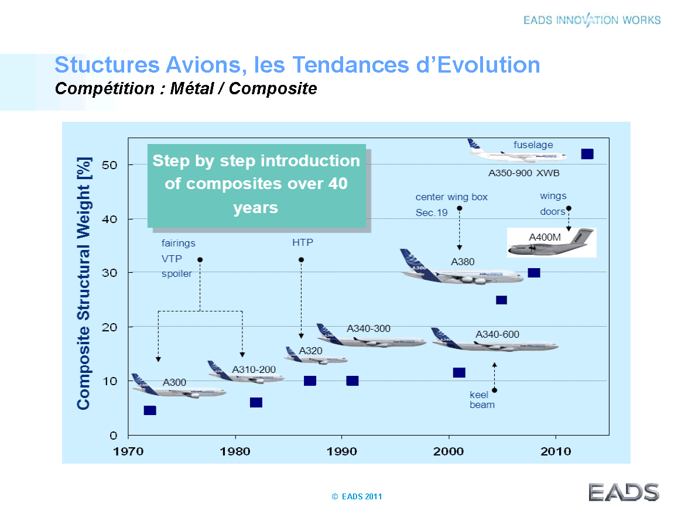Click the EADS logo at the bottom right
tap(624, 492)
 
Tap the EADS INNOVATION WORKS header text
tap(592, 20)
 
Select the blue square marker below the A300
tap(150, 410)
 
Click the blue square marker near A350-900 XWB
tap(587, 154)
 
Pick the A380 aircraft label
tap(463, 262)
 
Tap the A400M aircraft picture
tap(551, 242)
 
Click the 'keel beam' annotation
tap(482, 400)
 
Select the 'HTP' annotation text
tap(302, 242)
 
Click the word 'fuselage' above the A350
tap(533, 145)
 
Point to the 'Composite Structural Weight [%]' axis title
tap(84, 283)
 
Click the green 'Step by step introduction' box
tap(256, 185)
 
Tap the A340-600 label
tap(497, 335)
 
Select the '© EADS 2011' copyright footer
tap(357, 496)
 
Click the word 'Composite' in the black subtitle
tap(273, 88)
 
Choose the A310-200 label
tap(254, 370)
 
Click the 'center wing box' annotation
tap(451, 197)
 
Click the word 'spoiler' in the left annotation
tap(177, 273)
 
